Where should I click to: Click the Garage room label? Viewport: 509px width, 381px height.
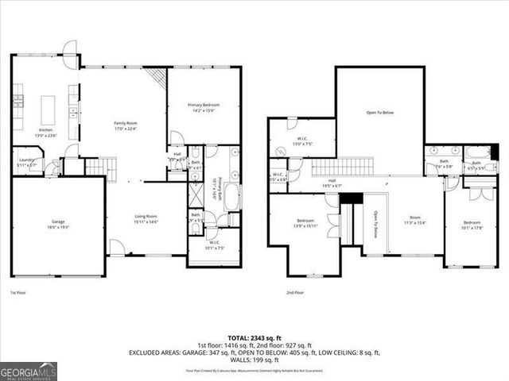point(57,225)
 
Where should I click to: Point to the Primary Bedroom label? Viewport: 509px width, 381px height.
point(204,107)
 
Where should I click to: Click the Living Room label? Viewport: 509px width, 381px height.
point(145,218)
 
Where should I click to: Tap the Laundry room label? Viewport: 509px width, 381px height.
point(25,163)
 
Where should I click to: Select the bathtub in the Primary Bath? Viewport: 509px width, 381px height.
point(231,196)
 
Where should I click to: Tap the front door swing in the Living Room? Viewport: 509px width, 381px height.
point(117,248)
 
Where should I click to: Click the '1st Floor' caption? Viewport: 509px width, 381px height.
point(20,293)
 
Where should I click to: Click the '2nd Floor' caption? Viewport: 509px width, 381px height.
point(297,293)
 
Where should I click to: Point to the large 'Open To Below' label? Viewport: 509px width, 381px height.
point(379,113)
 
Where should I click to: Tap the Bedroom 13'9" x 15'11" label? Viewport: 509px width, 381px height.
point(305,223)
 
